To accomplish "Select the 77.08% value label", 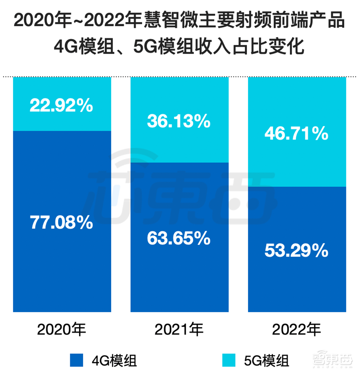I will (x=62, y=223).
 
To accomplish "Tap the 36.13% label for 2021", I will (x=179, y=121).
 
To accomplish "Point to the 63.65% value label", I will (x=179, y=238).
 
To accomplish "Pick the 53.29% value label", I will (x=297, y=251).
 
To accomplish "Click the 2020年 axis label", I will (x=62, y=329).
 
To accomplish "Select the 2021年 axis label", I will (x=179, y=329).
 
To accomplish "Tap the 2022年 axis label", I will (x=297, y=329).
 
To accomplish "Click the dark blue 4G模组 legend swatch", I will (x=76, y=360).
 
